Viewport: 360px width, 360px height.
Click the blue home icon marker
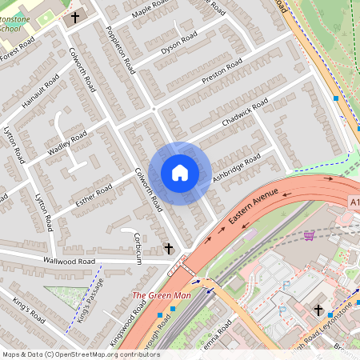coord(180,173)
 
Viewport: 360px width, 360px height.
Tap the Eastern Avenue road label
coord(252,206)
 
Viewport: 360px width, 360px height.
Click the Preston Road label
coord(222,70)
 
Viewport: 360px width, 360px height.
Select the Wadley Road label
coord(67,143)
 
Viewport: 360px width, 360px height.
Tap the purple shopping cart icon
coord(309,235)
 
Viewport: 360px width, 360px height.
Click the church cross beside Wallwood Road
coord(169,250)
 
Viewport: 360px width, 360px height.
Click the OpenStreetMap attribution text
coord(80,354)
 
